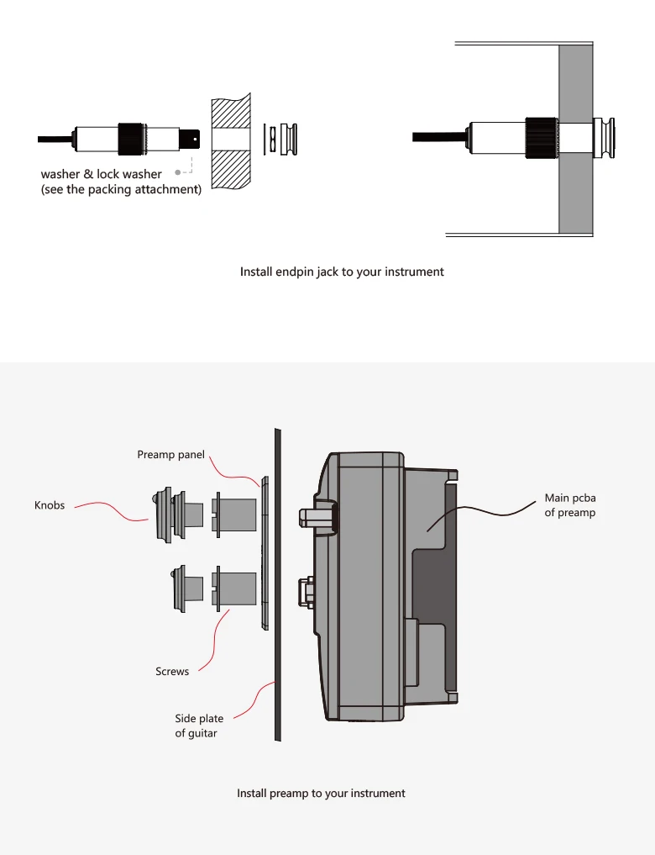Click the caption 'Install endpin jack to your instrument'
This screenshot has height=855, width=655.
click(342, 272)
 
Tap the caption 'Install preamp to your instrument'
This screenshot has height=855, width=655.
click(321, 794)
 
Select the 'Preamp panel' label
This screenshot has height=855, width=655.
click(170, 455)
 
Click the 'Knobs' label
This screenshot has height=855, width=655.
click(50, 505)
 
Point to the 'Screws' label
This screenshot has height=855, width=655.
click(172, 672)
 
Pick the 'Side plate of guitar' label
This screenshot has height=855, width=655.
click(199, 726)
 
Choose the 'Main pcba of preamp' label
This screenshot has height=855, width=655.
click(569, 505)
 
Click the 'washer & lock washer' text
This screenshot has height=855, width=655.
click(102, 175)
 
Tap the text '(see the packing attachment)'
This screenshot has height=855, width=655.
click(122, 190)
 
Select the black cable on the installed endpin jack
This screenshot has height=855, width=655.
click(437, 136)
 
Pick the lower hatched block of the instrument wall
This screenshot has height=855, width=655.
click(230, 168)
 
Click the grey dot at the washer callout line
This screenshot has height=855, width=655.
click(178, 172)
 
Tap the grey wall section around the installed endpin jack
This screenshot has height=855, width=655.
click(575, 193)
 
